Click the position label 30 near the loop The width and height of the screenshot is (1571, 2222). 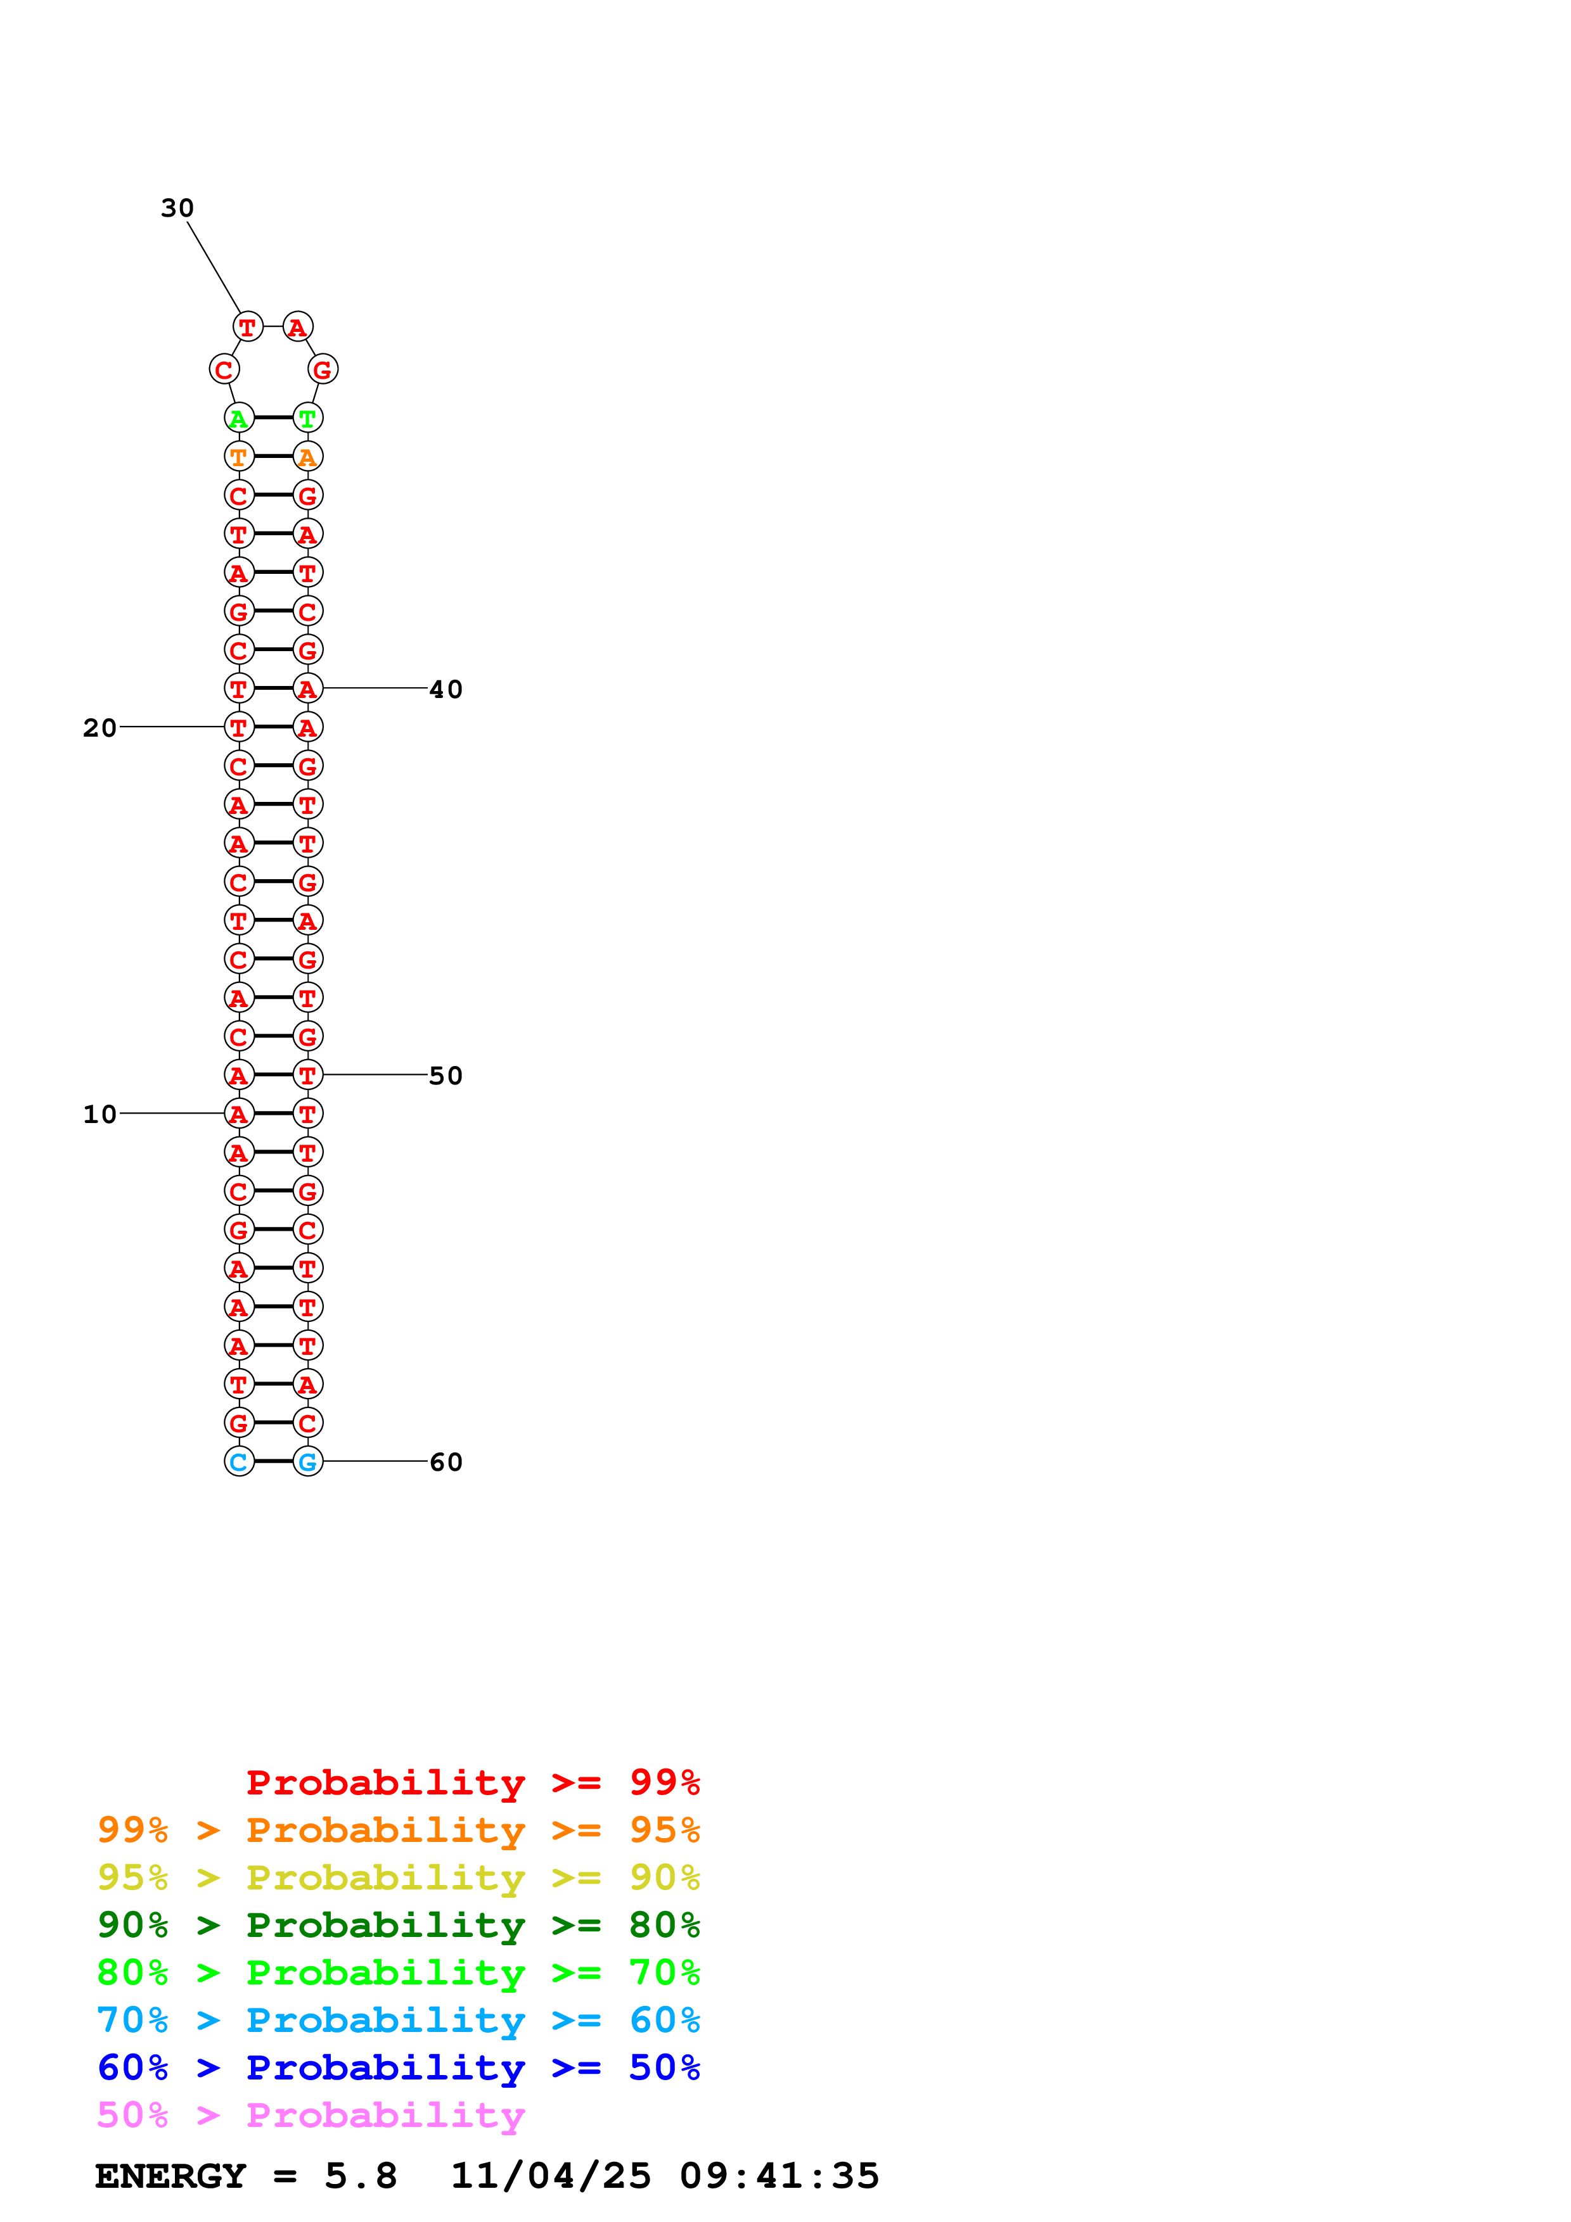(177, 208)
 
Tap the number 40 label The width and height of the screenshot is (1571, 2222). (446, 689)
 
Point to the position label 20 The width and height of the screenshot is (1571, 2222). (99, 728)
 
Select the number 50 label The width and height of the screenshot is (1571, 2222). (446, 1075)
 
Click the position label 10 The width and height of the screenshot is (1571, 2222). (99, 1114)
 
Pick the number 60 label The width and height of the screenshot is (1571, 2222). (446, 1461)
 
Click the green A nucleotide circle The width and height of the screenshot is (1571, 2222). (239, 418)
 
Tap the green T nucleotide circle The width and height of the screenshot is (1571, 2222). (308, 418)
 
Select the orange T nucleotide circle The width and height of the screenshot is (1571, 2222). (239, 457)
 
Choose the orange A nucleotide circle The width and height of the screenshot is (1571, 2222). (308, 457)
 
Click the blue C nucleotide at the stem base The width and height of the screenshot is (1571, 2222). (239, 1461)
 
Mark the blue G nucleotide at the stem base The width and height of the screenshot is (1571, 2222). (308, 1461)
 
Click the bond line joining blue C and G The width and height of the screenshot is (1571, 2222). (274, 1461)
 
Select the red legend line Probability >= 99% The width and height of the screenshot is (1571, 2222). (472, 1782)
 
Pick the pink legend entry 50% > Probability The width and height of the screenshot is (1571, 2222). (311, 2114)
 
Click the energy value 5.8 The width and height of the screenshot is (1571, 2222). (360, 2176)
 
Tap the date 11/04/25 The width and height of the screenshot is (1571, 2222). (551, 2176)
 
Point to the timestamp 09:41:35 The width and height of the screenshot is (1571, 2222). (779, 2176)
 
